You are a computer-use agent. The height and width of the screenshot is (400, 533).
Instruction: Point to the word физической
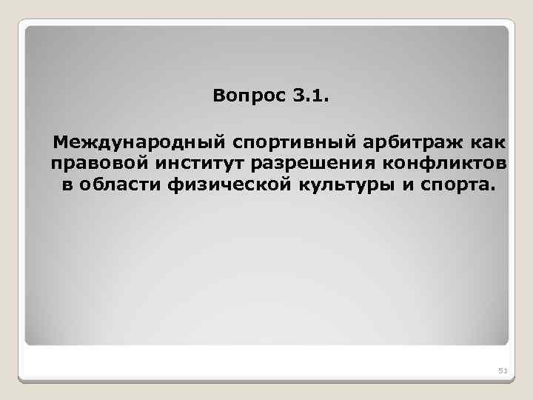click(224, 184)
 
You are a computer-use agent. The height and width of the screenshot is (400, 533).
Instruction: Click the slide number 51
click(501, 370)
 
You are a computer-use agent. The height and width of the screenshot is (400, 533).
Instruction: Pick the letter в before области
click(67, 184)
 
